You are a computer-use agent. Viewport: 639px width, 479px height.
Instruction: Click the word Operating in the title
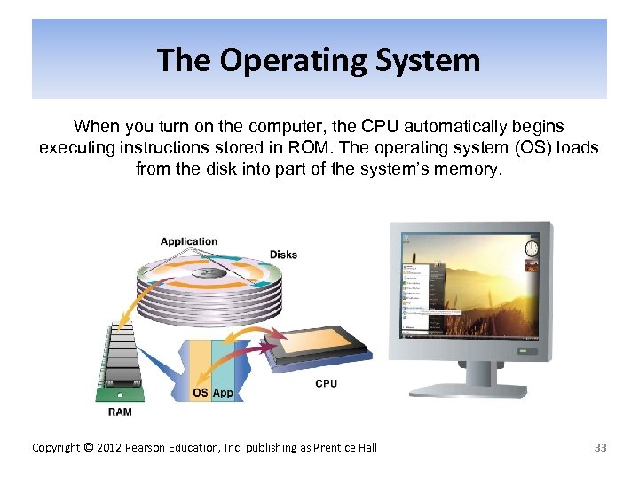coord(289,60)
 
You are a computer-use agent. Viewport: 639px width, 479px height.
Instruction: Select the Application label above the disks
coord(188,241)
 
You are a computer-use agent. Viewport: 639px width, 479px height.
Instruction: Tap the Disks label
coord(283,255)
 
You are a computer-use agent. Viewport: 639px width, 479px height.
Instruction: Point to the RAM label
coord(120,412)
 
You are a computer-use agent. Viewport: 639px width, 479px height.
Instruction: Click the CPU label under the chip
coord(326,383)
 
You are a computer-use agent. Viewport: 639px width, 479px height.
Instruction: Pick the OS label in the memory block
coord(201,392)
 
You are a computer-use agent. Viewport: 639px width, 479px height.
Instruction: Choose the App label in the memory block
coord(223,392)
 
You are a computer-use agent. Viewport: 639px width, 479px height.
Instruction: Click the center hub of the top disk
coord(208,273)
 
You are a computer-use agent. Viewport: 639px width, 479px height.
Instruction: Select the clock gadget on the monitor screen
coord(532,247)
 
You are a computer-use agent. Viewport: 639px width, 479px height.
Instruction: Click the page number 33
coord(600,447)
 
